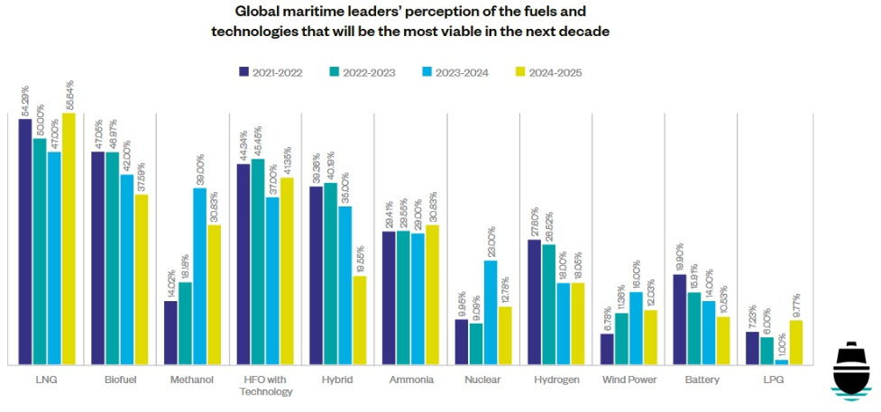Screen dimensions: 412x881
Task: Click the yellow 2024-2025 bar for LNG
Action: coord(69,239)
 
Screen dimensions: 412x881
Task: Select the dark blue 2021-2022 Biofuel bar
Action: coord(97,259)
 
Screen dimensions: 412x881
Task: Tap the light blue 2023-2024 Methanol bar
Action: coord(199,276)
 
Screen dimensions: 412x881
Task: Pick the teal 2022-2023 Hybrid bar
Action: coord(331,274)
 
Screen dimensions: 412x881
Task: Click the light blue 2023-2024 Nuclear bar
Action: coord(491,313)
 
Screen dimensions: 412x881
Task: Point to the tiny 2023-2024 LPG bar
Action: coord(782,362)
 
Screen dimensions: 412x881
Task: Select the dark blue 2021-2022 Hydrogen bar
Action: coord(534,302)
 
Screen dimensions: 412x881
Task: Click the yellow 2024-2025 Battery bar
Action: coord(723,341)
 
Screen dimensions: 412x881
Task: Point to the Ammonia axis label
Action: coord(410,380)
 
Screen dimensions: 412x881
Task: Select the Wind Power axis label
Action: coord(629,380)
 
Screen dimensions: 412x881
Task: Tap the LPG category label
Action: coord(774,380)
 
